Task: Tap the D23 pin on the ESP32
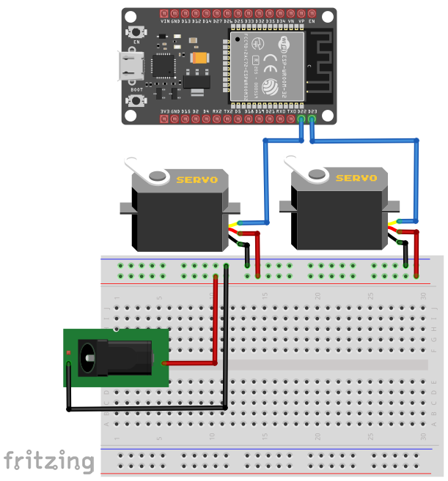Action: click(312, 119)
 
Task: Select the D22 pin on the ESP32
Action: click(302, 119)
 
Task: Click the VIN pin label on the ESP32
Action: click(165, 22)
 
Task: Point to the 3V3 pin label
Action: click(165, 111)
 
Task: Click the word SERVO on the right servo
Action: click(356, 178)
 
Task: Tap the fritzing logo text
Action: click(48, 461)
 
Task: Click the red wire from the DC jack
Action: click(215, 322)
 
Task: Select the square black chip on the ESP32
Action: click(164, 65)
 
